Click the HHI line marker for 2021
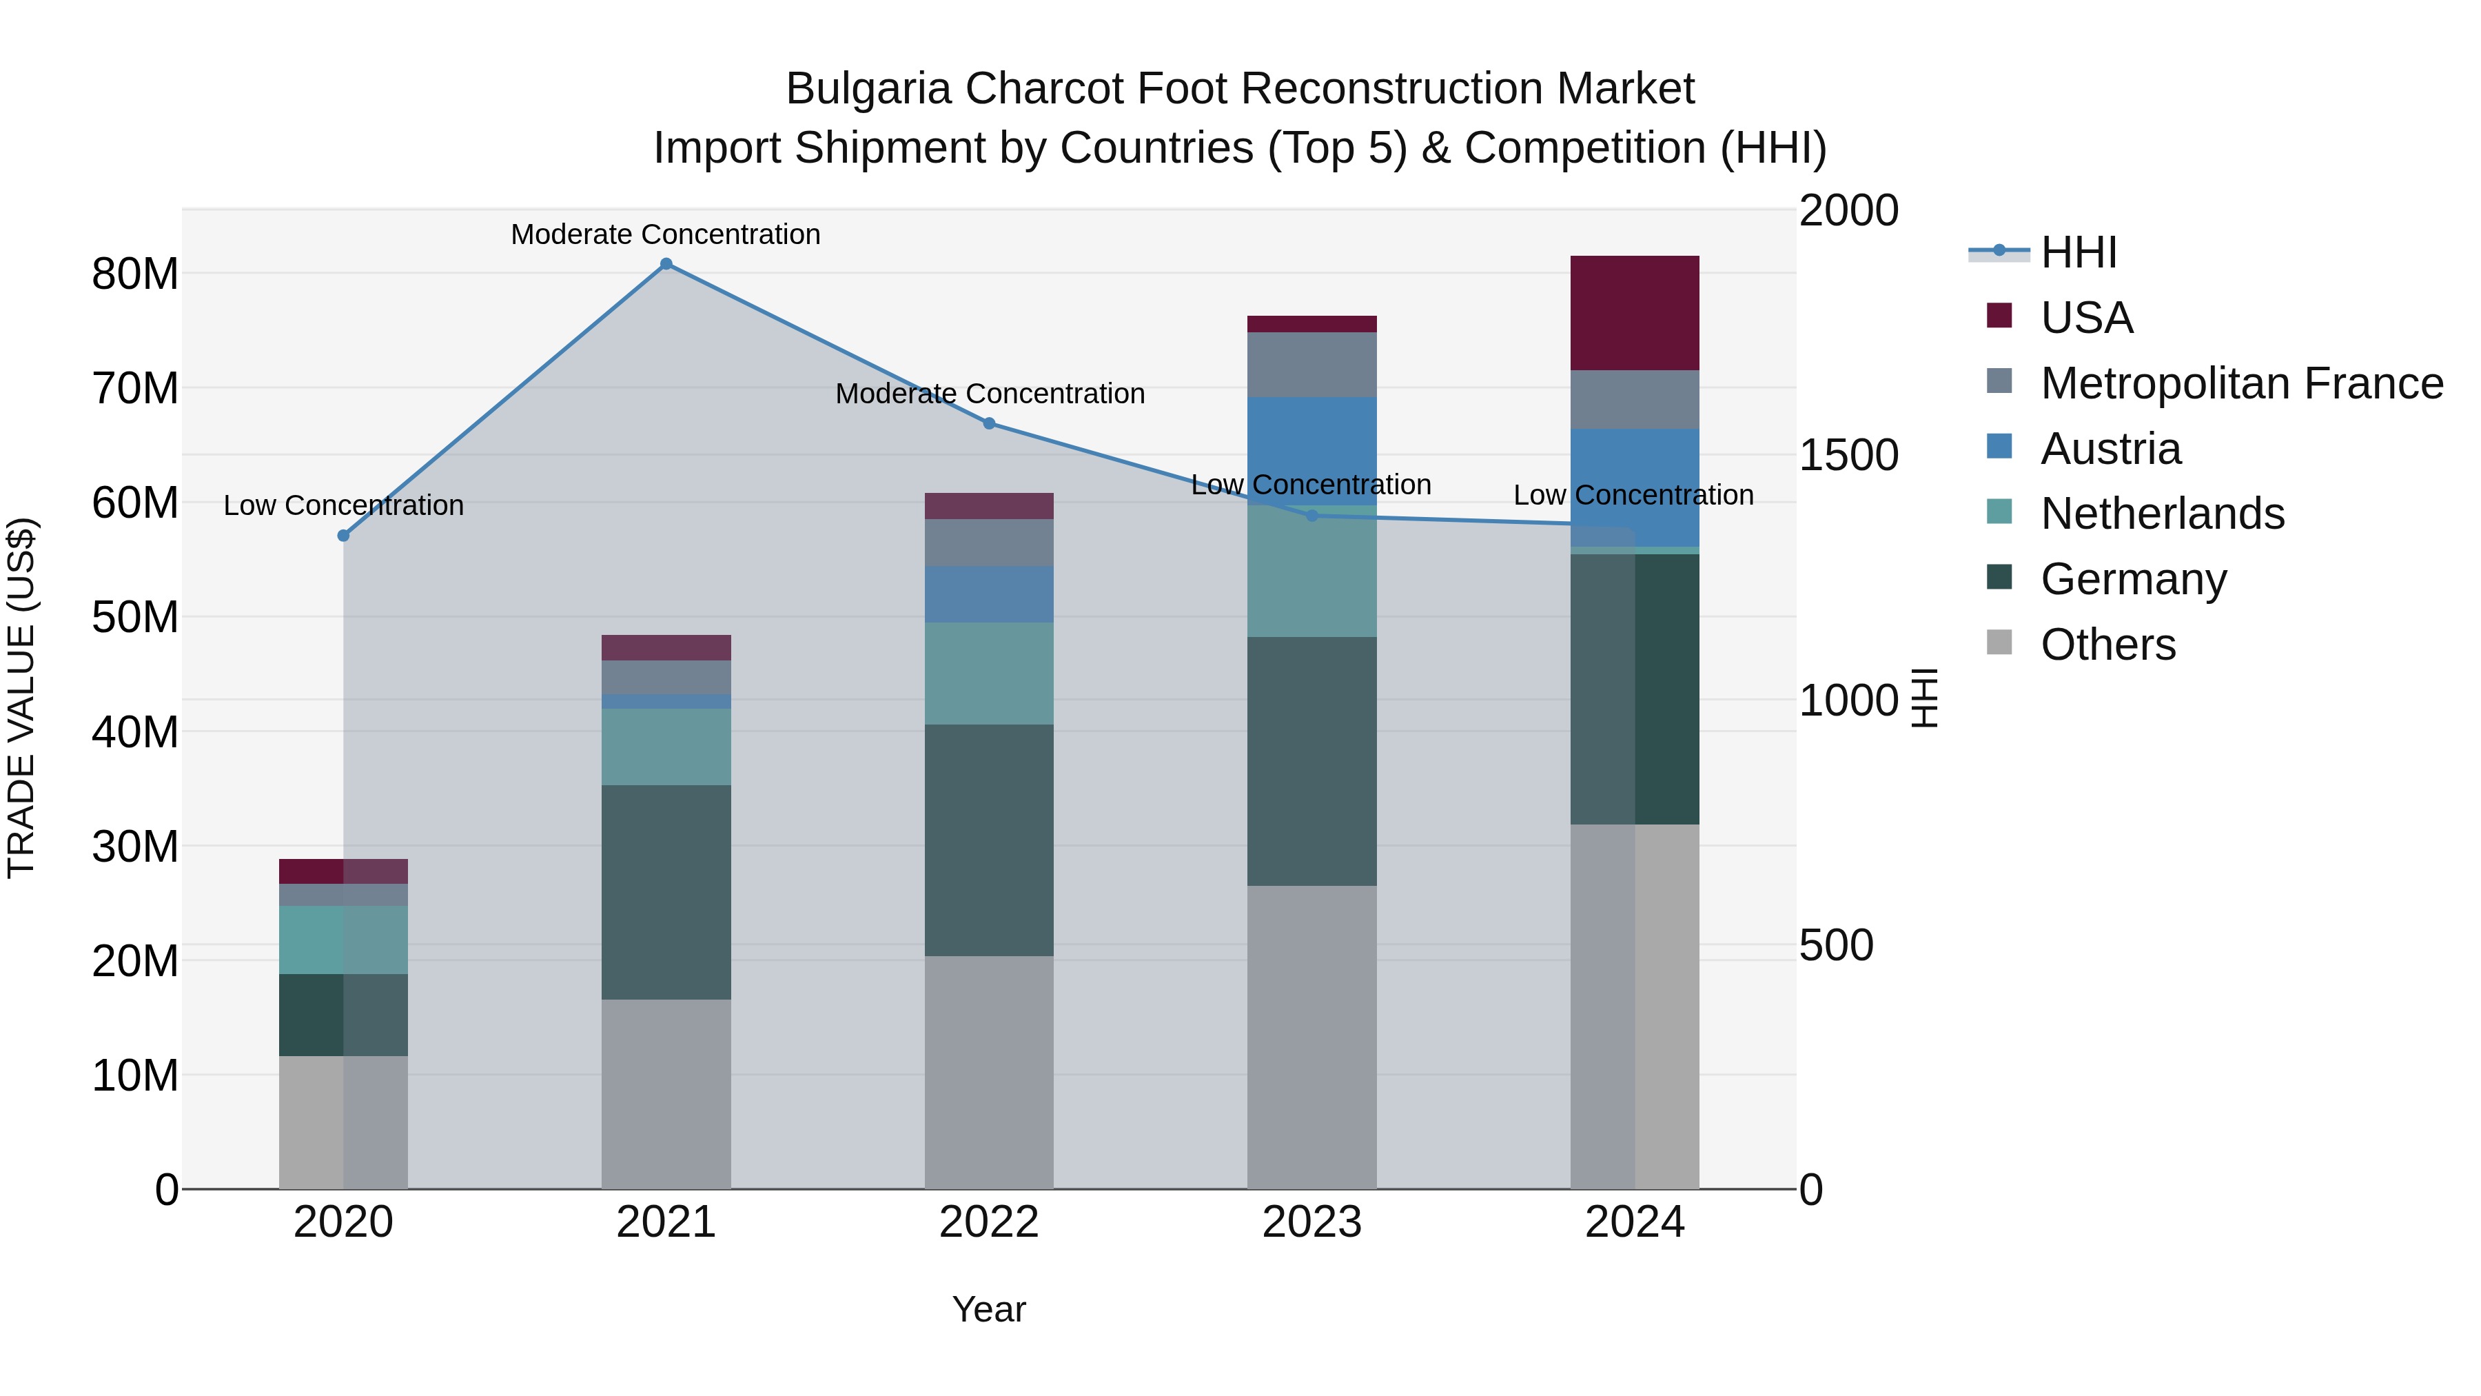(x=666, y=264)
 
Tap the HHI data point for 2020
(x=343, y=536)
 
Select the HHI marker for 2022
(x=989, y=424)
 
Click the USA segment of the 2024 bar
(x=1635, y=313)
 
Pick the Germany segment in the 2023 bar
(x=1311, y=761)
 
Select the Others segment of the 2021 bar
(x=666, y=1093)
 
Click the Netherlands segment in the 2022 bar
(x=989, y=674)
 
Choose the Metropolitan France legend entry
(x=2241, y=383)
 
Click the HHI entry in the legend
(x=2079, y=252)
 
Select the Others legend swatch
(x=1999, y=643)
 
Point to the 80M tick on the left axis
(x=135, y=274)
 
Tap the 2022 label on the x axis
(x=989, y=1222)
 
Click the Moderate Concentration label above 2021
(x=666, y=234)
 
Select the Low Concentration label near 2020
(x=343, y=506)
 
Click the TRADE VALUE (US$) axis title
(x=21, y=698)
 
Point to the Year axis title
(x=989, y=1309)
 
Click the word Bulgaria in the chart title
(x=870, y=89)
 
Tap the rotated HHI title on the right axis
(x=1924, y=698)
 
